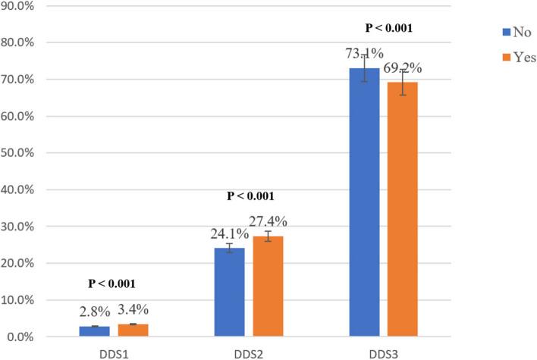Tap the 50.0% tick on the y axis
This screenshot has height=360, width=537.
click(18, 153)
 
